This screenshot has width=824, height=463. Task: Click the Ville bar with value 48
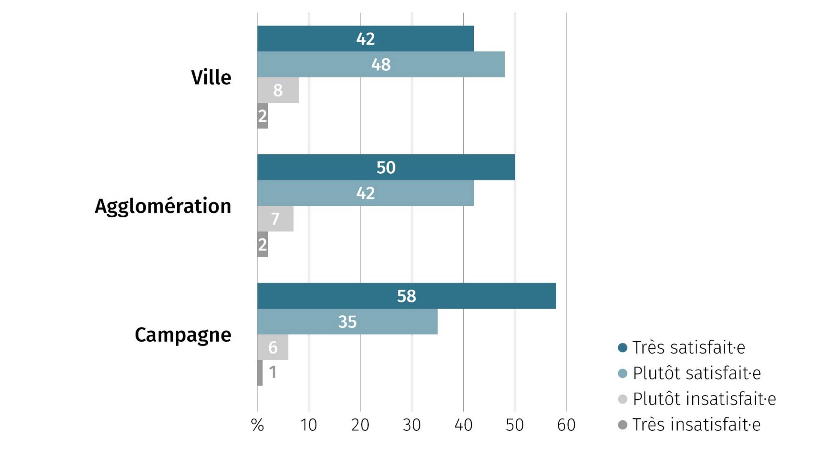click(381, 64)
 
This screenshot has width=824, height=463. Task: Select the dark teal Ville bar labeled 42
click(365, 39)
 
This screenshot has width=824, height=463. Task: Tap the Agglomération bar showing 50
click(386, 167)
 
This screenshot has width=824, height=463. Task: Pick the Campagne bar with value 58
click(406, 296)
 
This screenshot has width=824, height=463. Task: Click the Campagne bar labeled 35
click(347, 322)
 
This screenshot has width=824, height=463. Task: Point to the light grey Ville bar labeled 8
click(278, 90)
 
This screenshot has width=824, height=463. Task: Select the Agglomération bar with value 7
click(275, 219)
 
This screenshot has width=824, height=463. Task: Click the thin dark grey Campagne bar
click(260, 373)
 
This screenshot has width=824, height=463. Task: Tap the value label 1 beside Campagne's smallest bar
click(273, 372)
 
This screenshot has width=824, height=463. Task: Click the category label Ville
click(211, 78)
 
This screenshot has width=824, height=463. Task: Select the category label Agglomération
click(163, 206)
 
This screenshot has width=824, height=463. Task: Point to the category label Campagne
click(183, 335)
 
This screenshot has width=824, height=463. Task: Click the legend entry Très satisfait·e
click(688, 348)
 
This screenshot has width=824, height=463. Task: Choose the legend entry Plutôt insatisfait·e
click(704, 399)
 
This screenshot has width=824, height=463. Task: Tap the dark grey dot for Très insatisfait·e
click(623, 425)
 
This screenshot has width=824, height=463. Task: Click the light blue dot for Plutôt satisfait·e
click(623, 373)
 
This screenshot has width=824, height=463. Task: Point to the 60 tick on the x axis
click(566, 425)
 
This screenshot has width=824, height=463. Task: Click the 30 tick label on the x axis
click(412, 425)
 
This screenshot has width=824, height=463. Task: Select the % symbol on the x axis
click(257, 425)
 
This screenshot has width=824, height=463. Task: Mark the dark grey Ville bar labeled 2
click(262, 116)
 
